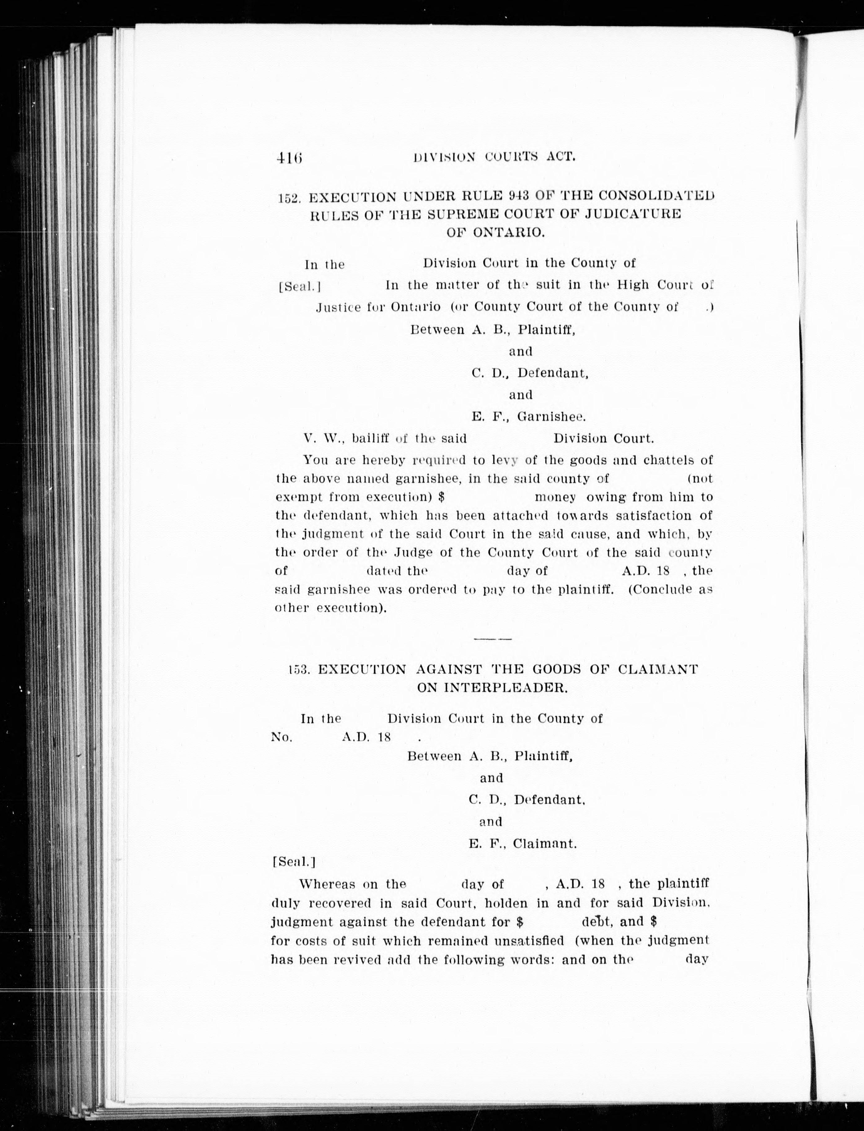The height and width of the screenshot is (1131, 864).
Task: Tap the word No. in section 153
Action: [282, 737]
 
